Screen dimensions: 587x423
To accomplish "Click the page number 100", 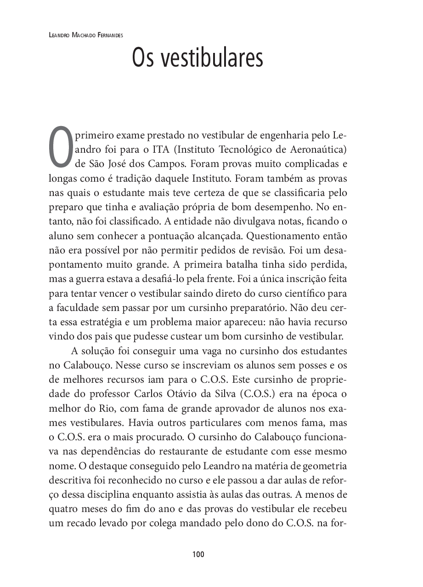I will [x=198, y=554].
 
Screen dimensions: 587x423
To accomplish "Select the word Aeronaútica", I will [x=316, y=150].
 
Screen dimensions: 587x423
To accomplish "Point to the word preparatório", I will [x=250, y=307].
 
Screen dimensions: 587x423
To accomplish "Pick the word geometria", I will [x=324, y=466].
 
